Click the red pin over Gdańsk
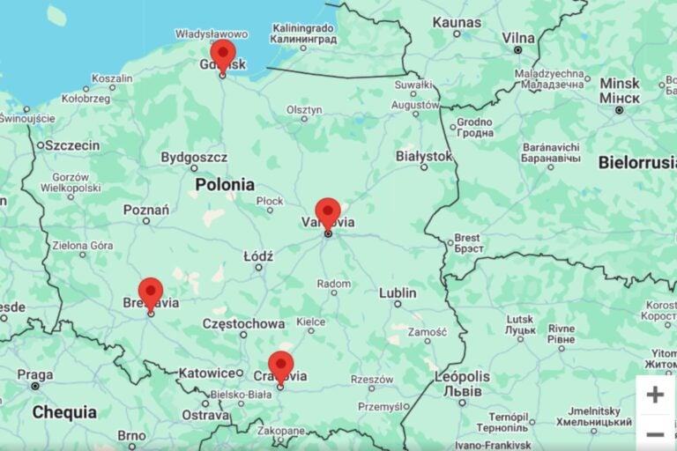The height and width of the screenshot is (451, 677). coord(223,54)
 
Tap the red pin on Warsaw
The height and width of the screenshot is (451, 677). coord(328,212)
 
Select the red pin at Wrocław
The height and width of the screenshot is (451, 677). coord(151,292)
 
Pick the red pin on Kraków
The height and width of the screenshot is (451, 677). coord(280,365)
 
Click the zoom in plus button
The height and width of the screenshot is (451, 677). coord(655,395)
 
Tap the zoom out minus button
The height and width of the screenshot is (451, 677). coord(655,434)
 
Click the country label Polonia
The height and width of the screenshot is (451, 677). coord(225,185)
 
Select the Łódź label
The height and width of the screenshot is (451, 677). coord(258,255)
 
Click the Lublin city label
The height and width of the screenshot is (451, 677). coord(398,292)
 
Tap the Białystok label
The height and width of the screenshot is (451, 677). coord(423,156)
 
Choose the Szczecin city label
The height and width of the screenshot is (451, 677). coord(72,144)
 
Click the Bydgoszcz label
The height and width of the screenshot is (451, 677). coord(194,157)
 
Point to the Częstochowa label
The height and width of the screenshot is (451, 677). coord(243,323)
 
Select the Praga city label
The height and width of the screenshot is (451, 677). coord(34,374)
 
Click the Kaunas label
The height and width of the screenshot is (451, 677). coord(457,22)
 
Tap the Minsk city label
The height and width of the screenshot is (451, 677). coord(620,84)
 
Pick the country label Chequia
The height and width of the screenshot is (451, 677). coord(64,412)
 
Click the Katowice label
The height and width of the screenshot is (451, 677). coord(211,373)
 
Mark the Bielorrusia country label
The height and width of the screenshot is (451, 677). coord(636,162)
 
